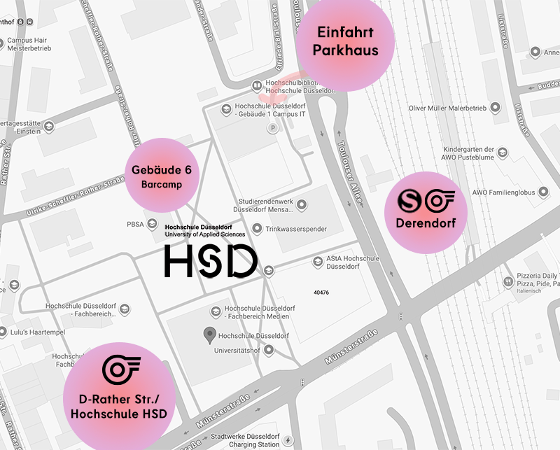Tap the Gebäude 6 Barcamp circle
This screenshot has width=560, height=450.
161,175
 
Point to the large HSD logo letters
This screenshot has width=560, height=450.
211,261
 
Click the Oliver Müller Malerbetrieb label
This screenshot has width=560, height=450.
448,108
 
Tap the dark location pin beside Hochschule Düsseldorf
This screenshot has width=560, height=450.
209,335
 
